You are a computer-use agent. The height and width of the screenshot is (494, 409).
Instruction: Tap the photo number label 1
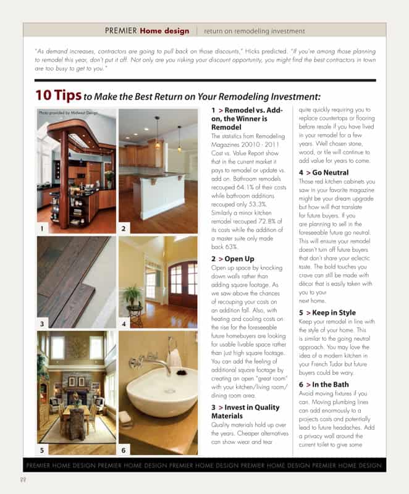(41, 228)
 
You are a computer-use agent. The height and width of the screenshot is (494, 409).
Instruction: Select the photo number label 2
(124, 228)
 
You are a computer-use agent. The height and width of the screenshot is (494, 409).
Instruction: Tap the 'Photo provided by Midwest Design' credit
(68, 113)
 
